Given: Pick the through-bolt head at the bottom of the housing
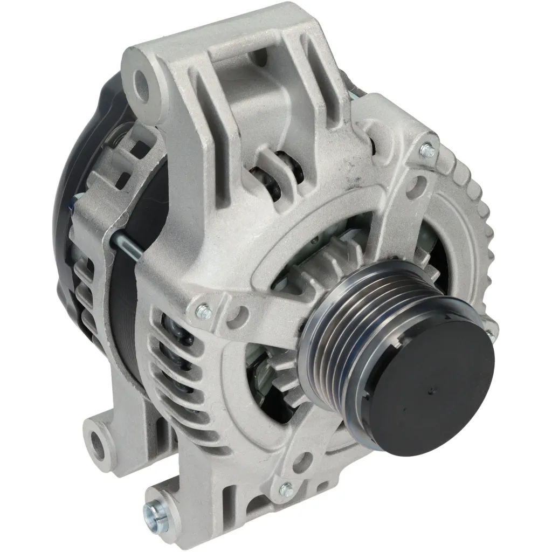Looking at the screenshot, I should [286, 490].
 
